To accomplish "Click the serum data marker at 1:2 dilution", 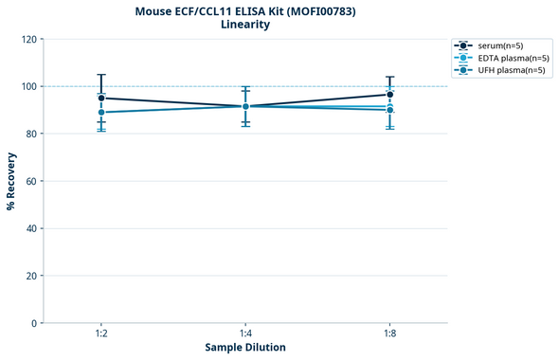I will point(101,98).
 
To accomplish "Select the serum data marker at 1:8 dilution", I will point(389,95).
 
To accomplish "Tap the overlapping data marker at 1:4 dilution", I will point(245,106).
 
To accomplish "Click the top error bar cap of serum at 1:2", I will point(101,75).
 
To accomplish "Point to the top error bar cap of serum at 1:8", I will point(389,77).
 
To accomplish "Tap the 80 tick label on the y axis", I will point(31,134).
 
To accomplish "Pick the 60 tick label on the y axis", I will point(31,181).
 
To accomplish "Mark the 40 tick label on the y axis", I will point(31,228).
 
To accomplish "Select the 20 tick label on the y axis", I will point(31,276).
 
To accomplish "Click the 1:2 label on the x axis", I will point(101,333).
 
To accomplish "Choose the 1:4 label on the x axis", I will point(245,333).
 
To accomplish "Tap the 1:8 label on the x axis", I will point(389,333).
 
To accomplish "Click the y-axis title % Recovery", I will point(11,180).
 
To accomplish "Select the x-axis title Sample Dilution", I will point(245,348).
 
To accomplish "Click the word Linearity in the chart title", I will point(244,25).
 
